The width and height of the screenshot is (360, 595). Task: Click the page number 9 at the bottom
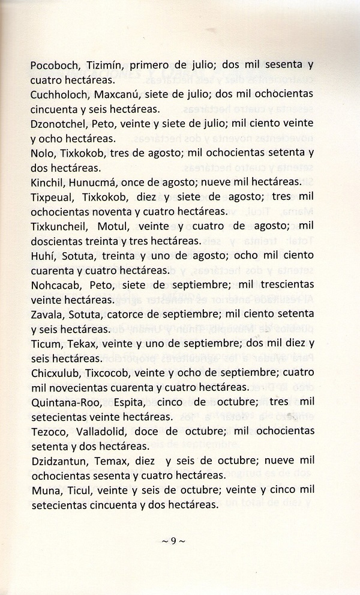(173, 542)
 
